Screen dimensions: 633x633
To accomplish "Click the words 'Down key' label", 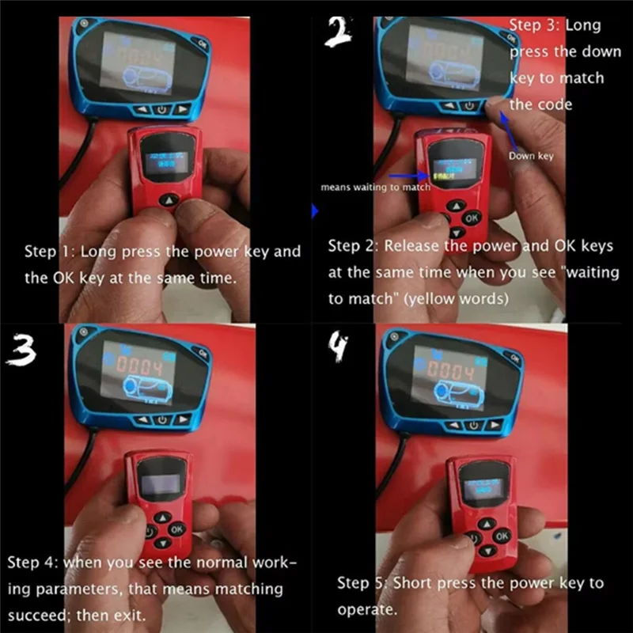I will pos(531,156).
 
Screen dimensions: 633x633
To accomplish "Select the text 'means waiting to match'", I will pos(375,188).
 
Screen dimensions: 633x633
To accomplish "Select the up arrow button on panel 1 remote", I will pos(167,201).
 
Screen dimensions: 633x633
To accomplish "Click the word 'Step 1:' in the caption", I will pos(50,252).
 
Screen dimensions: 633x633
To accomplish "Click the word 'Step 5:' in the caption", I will pos(363,584).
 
